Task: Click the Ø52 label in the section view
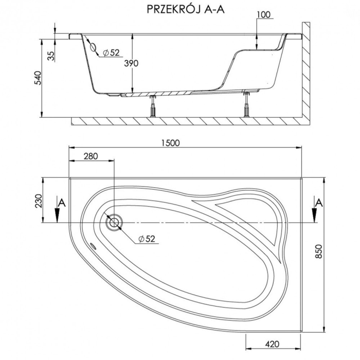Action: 111,52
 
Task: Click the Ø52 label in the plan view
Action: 147,239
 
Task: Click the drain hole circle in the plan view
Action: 113,222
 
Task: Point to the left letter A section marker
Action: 62,202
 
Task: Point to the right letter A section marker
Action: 319,201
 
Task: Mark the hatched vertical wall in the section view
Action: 305,77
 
